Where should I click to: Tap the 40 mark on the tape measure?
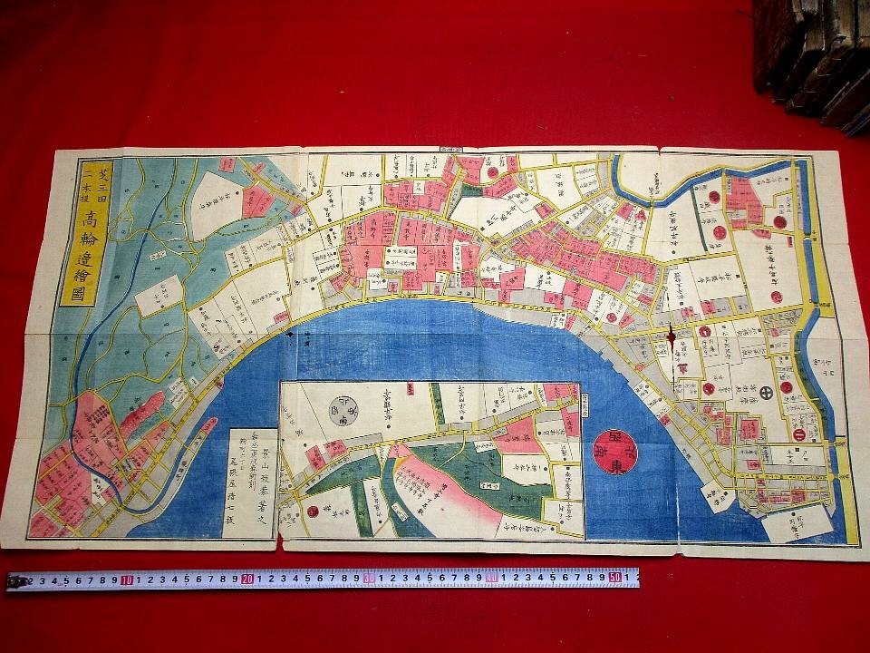[x=490, y=577]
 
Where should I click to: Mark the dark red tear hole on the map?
[x=671, y=334]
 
